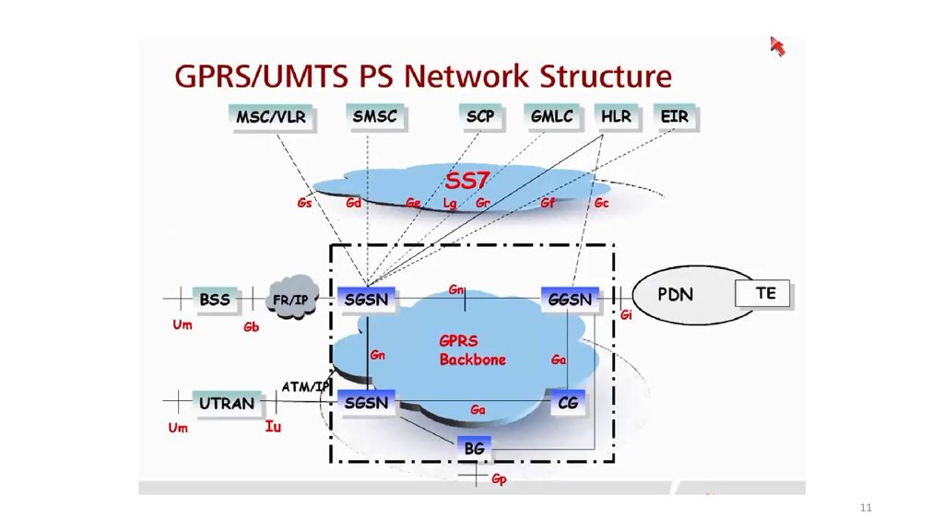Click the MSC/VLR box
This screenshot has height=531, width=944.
pyautogui.click(x=270, y=117)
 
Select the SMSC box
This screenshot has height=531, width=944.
pyautogui.click(x=374, y=116)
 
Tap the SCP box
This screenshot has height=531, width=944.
pyautogui.click(x=479, y=116)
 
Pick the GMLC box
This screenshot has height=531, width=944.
pyautogui.click(x=551, y=116)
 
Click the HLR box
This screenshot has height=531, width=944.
pyautogui.click(x=616, y=117)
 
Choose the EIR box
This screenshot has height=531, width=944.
pyautogui.click(x=674, y=117)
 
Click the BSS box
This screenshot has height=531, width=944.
pyautogui.click(x=215, y=300)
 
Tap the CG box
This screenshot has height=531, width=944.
pyautogui.click(x=568, y=402)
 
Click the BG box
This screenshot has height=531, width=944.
pyautogui.click(x=474, y=448)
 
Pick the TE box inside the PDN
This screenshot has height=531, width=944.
pyautogui.click(x=765, y=294)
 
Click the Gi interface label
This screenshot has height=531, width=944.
pyautogui.click(x=626, y=315)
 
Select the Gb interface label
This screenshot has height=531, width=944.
pyautogui.click(x=251, y=327)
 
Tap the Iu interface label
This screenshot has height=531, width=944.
pyautogui.click(x=273, y=427)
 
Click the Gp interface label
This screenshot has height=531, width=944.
pyautogui.click(x=499, y=479)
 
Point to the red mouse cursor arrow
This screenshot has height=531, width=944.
pyautogui.click(x=777, y=46)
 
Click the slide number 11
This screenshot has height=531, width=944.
pyautogui.click(x=865, y=508)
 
